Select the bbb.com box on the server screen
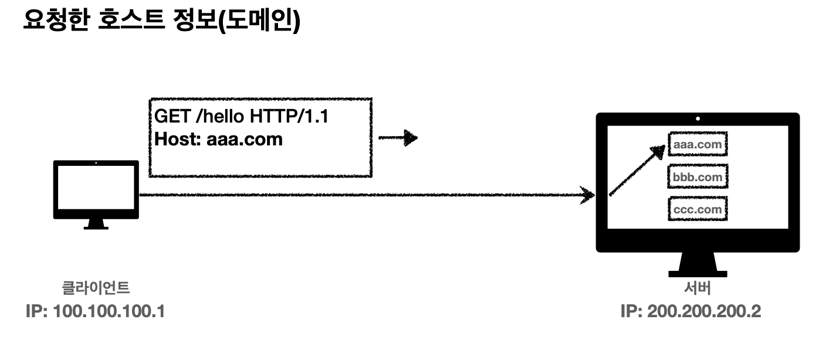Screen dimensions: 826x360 (698, 176)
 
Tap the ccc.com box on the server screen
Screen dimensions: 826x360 (698, 209)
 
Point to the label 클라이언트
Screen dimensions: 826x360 (96, 288)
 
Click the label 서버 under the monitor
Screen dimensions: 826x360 (697, 288)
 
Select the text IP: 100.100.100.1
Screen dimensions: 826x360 (95, 311)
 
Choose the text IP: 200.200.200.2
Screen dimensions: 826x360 (690, 311)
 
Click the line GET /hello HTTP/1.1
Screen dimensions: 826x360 (241, 117)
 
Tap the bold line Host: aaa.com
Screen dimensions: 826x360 (219, 140)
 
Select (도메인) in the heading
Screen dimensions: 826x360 (258, 22)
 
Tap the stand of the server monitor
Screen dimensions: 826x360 (698, 264)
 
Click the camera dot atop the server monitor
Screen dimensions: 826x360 (698, 119)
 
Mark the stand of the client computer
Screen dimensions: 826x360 (96, 225)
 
